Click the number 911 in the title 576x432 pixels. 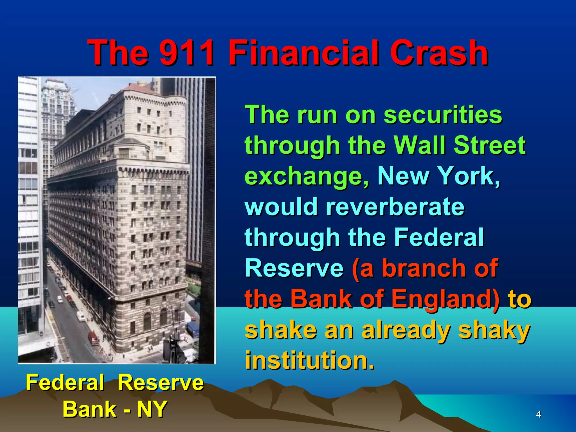click(186, 53)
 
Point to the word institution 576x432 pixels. click(309, 361)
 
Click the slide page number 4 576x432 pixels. click(538, 414)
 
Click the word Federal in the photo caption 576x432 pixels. click(65, 383)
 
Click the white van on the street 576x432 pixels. click(81, 316)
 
